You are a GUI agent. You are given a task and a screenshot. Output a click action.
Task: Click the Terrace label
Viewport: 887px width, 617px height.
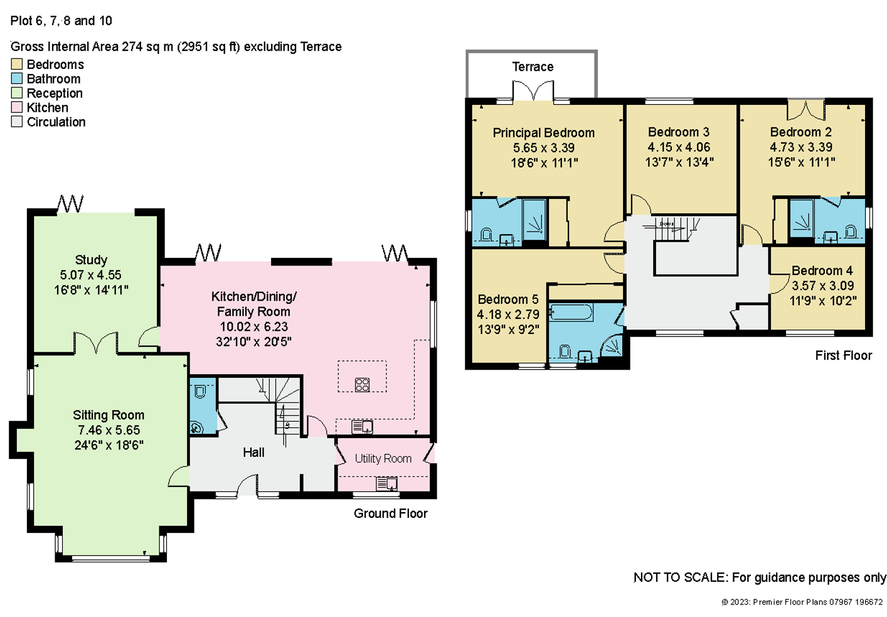tap(533, 67)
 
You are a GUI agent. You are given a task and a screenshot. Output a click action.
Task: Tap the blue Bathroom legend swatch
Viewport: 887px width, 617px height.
tap(17, 78)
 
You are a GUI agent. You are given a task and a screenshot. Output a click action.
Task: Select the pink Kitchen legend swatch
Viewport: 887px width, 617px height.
tap(17, 107)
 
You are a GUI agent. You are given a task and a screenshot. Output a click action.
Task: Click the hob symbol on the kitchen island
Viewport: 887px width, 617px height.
tap(363, 384)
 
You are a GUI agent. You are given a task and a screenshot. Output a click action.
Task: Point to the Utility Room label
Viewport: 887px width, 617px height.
tap(383, 458)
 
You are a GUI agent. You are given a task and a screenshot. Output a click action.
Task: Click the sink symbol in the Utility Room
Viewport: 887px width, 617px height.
tap(386, 484)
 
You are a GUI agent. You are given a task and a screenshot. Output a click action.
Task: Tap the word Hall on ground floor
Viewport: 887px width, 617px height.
tap(253, 452)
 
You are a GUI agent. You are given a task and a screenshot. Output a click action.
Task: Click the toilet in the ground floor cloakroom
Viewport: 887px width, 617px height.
tap(200, 392)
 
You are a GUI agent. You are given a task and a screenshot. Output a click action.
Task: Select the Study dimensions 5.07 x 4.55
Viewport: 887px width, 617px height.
tap(91, 275)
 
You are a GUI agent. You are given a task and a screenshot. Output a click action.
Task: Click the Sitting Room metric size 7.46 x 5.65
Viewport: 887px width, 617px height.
tap(109, 430)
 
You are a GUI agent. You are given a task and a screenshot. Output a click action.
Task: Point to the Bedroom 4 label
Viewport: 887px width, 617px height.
tap(822, 271)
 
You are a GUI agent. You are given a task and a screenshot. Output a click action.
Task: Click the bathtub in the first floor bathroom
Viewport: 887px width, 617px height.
tap(571, 312)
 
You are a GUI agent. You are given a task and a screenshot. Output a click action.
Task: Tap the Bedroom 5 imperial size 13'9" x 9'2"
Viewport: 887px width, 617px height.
tap(509, 330)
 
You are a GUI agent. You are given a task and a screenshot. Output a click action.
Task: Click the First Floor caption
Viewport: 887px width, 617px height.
tap(844, 355)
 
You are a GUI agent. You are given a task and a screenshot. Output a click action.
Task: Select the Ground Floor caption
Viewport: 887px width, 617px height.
tap(390, 513)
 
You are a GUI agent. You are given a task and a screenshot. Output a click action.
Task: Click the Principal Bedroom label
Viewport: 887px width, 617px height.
tap(544, 132)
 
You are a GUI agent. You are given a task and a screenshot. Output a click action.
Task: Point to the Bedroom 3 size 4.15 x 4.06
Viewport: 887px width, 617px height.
tap(679, 147)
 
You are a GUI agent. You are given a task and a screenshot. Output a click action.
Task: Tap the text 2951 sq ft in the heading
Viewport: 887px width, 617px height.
tap(208, 46)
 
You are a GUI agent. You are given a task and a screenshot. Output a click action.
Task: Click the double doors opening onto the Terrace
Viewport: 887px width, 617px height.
tap(533, 90)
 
